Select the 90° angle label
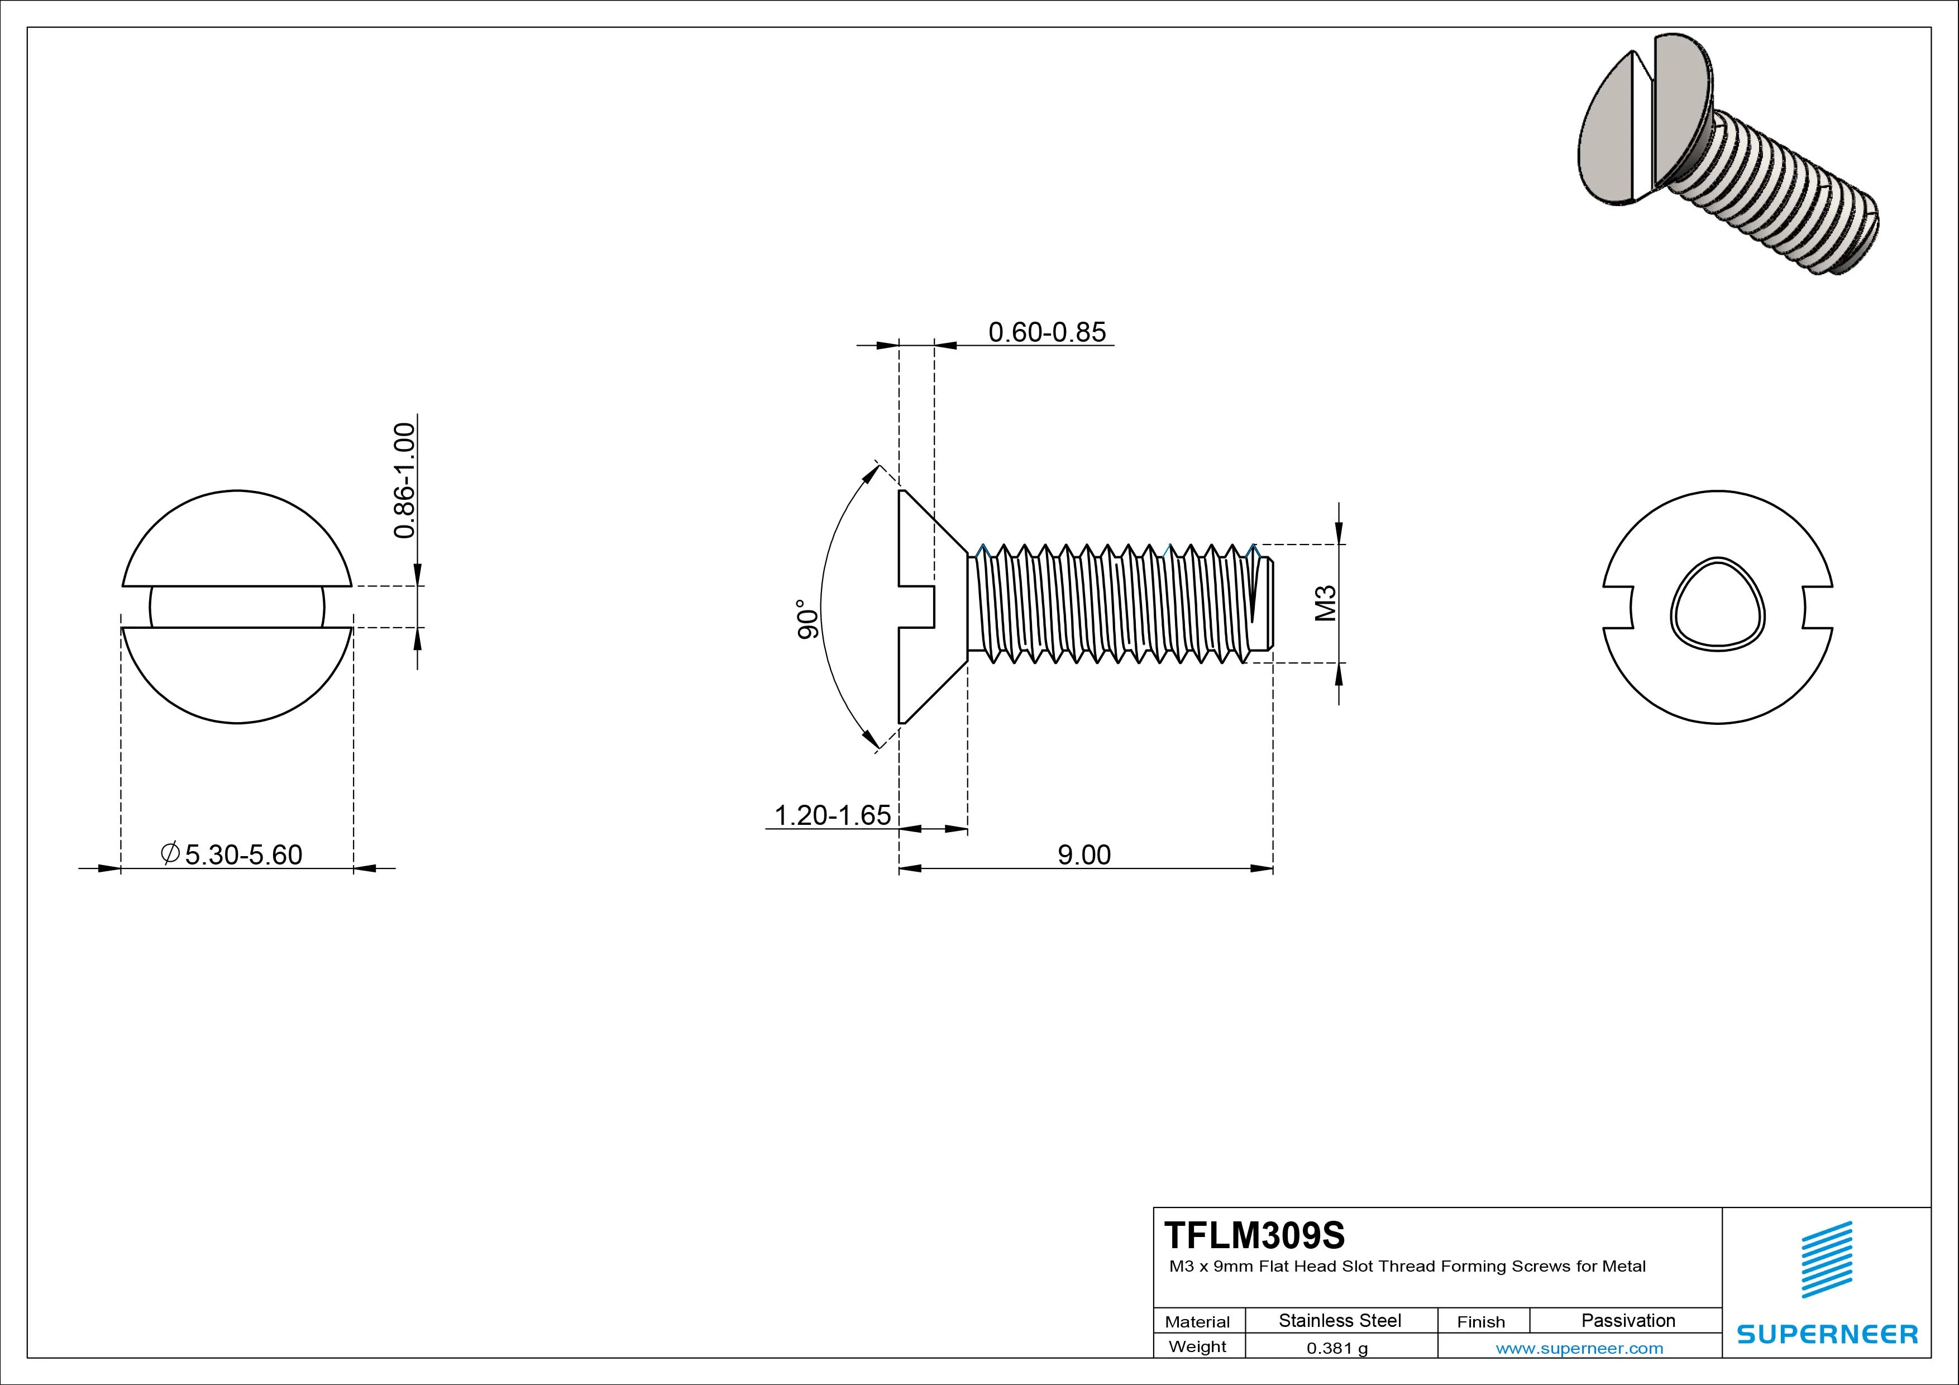[807, 619]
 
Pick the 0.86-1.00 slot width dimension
[404, 480]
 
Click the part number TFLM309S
[1254, 1235]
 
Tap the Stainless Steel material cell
[1340, 1321]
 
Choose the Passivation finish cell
[1628, 1321]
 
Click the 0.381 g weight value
[1337, 1348]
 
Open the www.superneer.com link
[1579, 1348]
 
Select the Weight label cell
[1197, 1346]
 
